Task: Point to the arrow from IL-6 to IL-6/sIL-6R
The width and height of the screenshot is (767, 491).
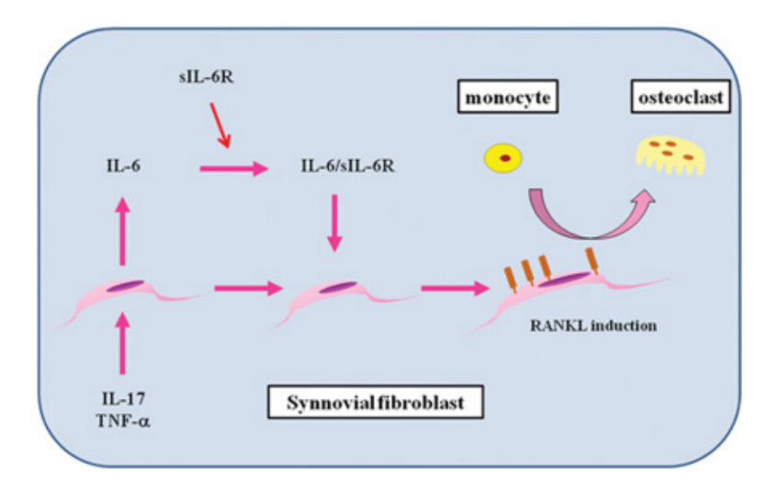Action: coord(233,169)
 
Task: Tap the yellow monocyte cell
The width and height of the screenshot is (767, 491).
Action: coord(503,159)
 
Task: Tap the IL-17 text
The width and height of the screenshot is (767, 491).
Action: coord(121,398)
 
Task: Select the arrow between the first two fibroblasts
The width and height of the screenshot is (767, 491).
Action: coord(246,289)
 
